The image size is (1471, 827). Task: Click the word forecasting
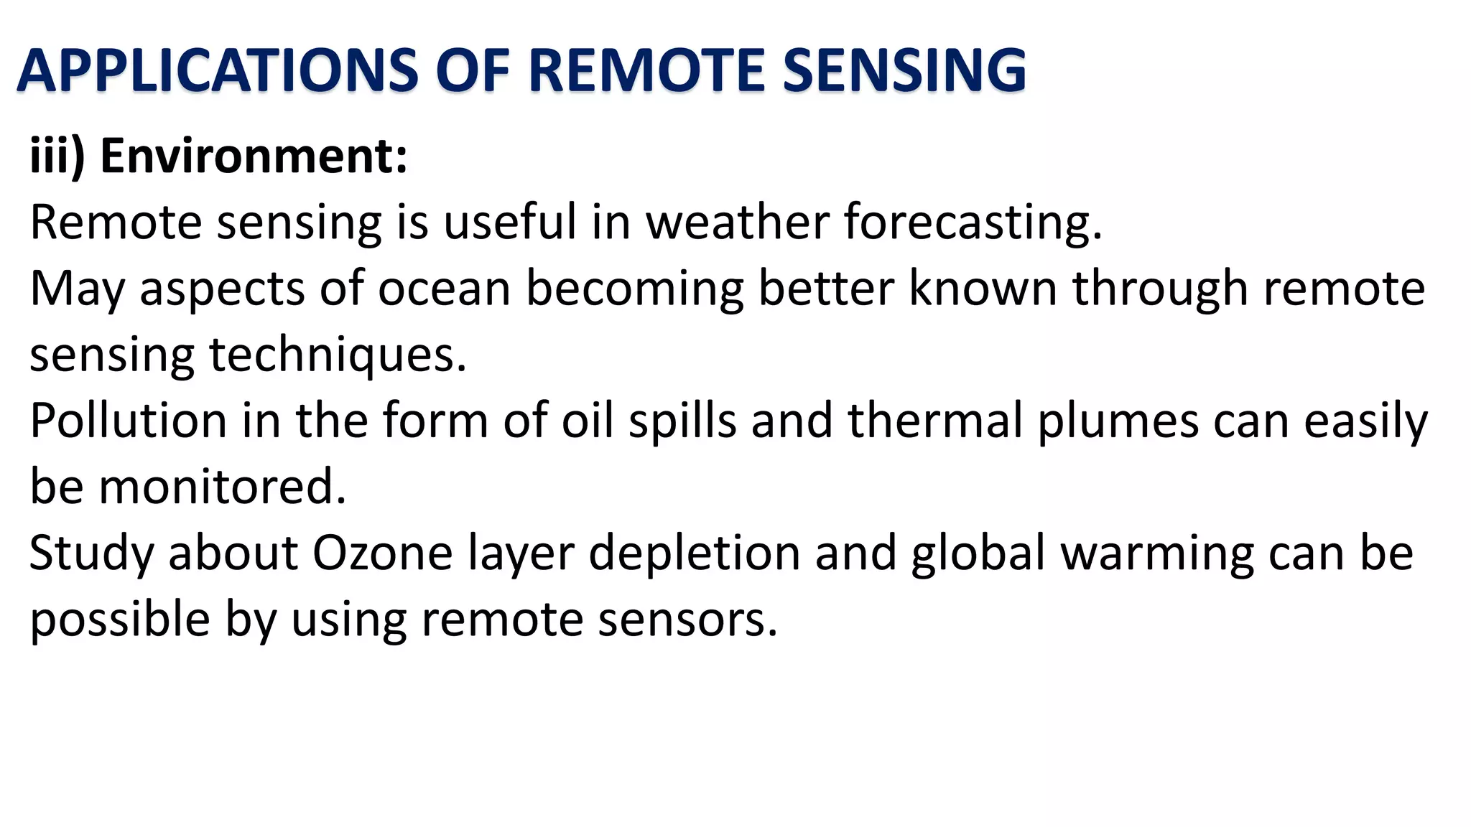(x=973, y=222)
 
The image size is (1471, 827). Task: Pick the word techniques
(x=338, y=355)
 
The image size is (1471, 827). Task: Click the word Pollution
(x=128, y=421)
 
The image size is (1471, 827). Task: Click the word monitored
(x=223, y=487)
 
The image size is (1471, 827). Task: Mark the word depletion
(x=694, y=553)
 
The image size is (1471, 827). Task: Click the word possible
(x=119, y=620)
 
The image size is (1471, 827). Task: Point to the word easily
(x=1365, y=421)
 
